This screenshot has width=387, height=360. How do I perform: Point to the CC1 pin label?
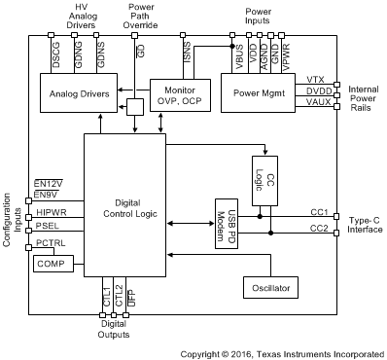click(x=318, y=212)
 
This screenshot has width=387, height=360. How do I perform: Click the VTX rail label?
click(x=315, y=79)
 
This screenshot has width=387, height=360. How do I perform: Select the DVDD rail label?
click(x=313, y=90)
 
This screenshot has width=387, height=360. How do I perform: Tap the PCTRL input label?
click(x=50, y=242)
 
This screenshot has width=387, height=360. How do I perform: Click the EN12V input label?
click(x=48, y=183)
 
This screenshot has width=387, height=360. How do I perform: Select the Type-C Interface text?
click(x=365, y=224)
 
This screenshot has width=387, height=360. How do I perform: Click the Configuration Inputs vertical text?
click(x=9, y=218)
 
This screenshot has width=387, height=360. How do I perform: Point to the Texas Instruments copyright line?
click(x=282, y=351)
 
